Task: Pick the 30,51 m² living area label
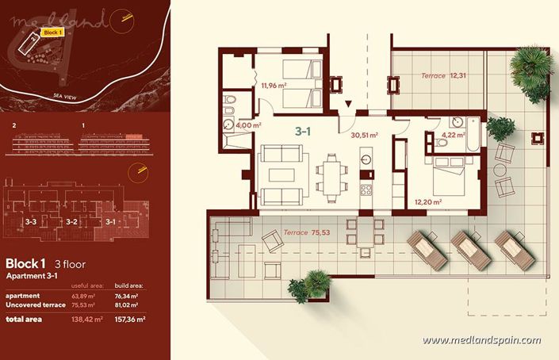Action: tap(365, 135)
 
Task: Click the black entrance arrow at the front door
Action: tap(349, 103)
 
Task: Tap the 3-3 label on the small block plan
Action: tap(32, 222)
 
